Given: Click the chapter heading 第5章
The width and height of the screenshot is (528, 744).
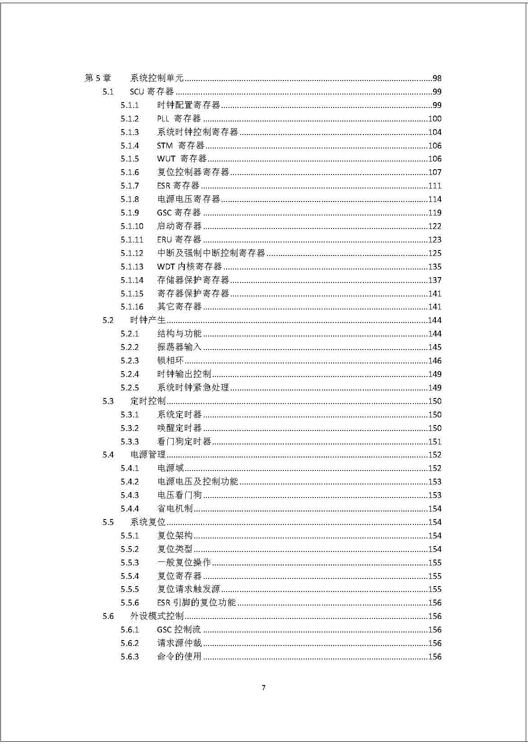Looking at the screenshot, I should click(98, 78).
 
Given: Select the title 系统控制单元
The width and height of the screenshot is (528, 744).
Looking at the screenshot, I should click(157, 78).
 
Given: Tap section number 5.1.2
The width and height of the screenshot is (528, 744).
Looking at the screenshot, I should click(130, 119).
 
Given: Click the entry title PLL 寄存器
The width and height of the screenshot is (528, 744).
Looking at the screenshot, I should click(179, 119).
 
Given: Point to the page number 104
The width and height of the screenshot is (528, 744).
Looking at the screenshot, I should click(434, 132).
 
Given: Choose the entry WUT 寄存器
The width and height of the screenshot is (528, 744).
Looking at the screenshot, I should click(182, 159).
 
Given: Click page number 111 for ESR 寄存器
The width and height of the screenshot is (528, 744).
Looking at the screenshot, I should click(434, 186).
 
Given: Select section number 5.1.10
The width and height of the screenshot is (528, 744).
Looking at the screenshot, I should click(132, 226).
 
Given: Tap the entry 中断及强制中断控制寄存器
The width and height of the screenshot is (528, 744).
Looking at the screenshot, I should click(211, 253).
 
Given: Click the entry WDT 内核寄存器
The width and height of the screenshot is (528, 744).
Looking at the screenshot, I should click(189, 267).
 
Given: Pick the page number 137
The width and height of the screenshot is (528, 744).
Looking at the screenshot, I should click(434, 280).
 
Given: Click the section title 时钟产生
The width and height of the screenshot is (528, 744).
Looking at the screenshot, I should click(148, 320).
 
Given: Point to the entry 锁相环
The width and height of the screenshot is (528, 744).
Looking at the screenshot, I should click(170, 361).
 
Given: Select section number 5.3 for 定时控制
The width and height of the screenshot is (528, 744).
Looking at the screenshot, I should click(108, 401).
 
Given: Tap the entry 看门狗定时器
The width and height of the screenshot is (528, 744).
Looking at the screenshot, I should click(184, 442).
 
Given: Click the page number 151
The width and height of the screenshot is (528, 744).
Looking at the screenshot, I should click(434, 442).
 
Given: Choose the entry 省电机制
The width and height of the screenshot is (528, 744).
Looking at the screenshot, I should click(175, 509).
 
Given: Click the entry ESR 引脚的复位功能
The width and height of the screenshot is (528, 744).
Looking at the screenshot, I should click(197, 603).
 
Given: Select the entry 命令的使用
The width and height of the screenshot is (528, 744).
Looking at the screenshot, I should click(179, 657).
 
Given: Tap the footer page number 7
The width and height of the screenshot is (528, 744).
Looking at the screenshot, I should click(264, 687).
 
